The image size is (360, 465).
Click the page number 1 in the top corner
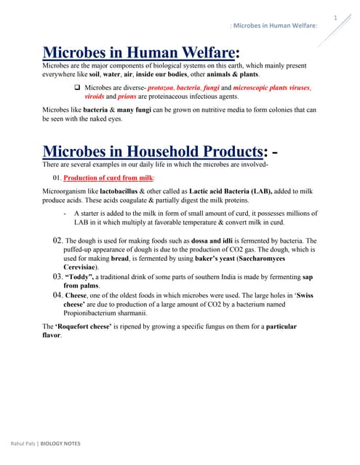[335, 17]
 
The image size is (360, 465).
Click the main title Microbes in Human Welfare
[139, 52]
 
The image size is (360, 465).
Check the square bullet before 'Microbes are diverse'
[78, 87]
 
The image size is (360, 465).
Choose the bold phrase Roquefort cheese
[95, 328]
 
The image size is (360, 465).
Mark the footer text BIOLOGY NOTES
[60, 443]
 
